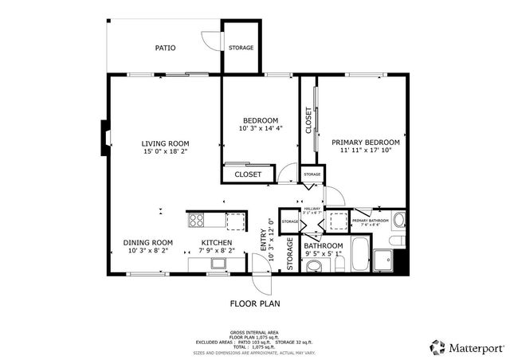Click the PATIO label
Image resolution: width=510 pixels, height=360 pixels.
click(165, 49)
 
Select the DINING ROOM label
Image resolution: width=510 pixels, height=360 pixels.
click(148, 242)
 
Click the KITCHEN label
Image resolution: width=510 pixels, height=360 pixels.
click(216, 242)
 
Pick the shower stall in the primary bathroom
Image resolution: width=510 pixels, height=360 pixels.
click(384, 260)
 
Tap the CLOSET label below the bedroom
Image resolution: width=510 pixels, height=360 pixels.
click(248, 174)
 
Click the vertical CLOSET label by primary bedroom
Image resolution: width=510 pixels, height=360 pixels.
click(308, 119)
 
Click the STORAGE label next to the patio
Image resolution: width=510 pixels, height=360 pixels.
click(241, 48)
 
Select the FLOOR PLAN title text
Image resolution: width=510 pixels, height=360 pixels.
click(255, 303)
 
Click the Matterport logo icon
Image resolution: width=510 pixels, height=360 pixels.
click(437, 346)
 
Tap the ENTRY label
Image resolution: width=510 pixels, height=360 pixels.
click(264, 241)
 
